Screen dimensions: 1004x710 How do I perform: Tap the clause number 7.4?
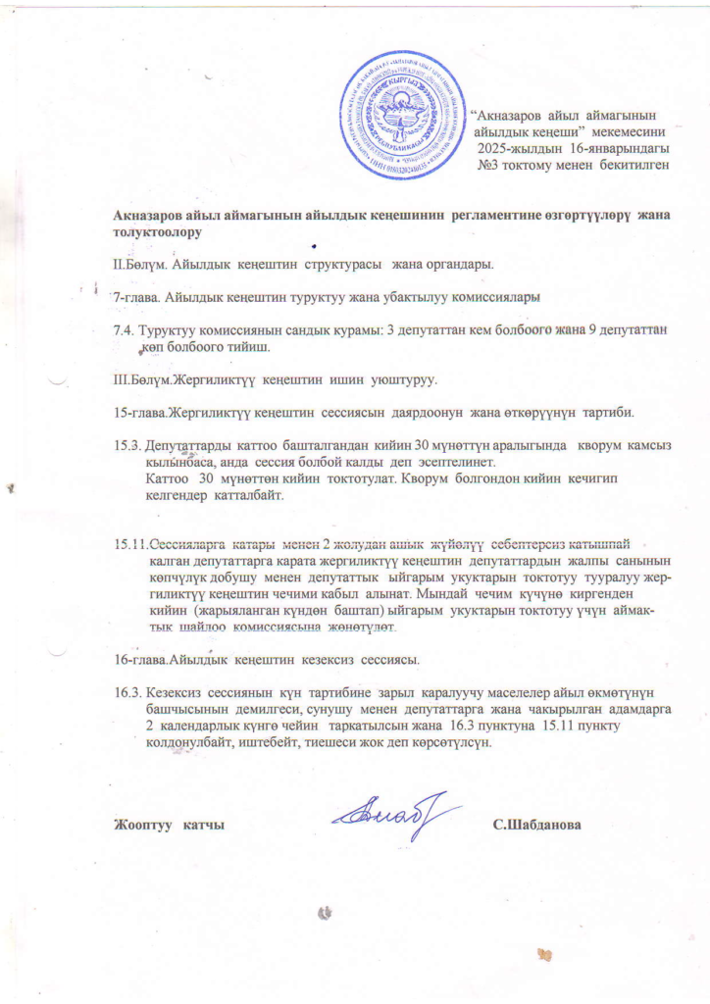pos(127,331)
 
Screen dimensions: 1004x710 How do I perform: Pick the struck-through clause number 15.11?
pos(131,543)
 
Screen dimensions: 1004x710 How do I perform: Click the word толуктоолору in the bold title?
pos(159,232)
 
